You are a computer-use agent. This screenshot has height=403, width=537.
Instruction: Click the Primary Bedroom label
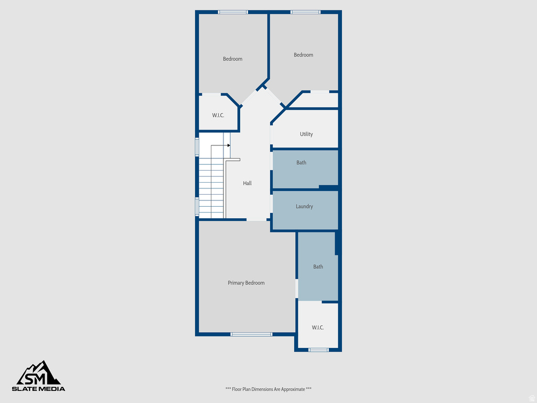tap(246, 283)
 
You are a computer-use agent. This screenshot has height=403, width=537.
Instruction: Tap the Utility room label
tap(306, 134)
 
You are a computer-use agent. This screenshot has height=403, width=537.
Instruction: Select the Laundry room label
tap(304, 207)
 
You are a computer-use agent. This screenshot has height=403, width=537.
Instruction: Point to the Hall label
tap(247, 183)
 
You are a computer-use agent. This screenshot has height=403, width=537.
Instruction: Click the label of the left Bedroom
tap(232, 59)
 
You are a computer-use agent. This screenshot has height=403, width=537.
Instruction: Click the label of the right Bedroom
tap(303, 55)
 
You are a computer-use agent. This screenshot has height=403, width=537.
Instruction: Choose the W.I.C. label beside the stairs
tap(218, 115)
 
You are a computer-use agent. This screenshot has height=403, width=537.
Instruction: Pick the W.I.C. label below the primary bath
tap(318, 327)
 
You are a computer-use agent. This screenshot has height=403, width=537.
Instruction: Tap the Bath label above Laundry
tap(301, 163)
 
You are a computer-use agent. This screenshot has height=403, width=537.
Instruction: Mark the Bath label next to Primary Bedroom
tap(318, 267)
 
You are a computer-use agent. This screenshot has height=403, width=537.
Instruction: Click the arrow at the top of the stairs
tap(228, 145)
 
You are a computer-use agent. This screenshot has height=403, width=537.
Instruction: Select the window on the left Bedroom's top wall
tap(233, 12)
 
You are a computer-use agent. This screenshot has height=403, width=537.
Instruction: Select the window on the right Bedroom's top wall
tap(305, 12)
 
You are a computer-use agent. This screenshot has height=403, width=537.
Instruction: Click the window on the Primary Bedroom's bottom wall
tap(251, 334)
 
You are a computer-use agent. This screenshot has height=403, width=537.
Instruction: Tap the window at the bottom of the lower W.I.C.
tap(318, 349)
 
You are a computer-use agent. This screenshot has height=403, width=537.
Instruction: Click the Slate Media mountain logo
tap(39, 373)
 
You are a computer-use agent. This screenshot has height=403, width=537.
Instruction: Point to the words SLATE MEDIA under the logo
tap(39, 389)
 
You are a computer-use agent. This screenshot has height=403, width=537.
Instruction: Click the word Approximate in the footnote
tap(293, 389)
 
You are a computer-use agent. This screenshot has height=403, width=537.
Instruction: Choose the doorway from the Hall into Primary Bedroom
tap(257, 219)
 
